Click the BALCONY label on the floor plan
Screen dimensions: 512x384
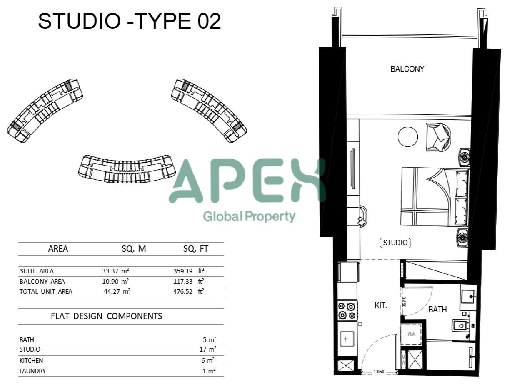[407, 69]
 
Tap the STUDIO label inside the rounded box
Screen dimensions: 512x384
[395, 243]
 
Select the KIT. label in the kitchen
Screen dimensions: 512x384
[381, 305]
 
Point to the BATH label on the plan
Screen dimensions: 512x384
[437, 310]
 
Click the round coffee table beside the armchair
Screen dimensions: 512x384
[408, 137]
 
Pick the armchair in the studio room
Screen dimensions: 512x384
[438, 137]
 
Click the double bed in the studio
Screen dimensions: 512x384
[435, 197]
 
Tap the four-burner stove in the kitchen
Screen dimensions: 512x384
[347, 311]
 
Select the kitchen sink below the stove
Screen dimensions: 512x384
[347, 339]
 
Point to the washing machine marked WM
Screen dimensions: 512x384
[411, 334]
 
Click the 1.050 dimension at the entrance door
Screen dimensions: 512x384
[379, 372]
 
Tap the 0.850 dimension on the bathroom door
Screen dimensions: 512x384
[404, 302]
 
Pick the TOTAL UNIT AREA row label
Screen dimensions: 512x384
[46, 292]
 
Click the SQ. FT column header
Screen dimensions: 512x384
[196, 249]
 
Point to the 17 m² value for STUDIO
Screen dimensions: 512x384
[208, 349]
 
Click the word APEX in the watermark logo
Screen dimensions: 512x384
[247, 181]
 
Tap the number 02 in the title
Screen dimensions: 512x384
[209, 21]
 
